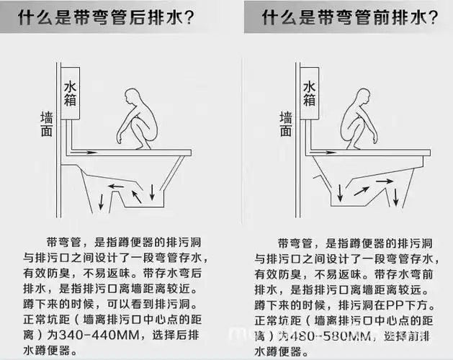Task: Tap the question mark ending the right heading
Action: pyautogui.click(x=431, y=16)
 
